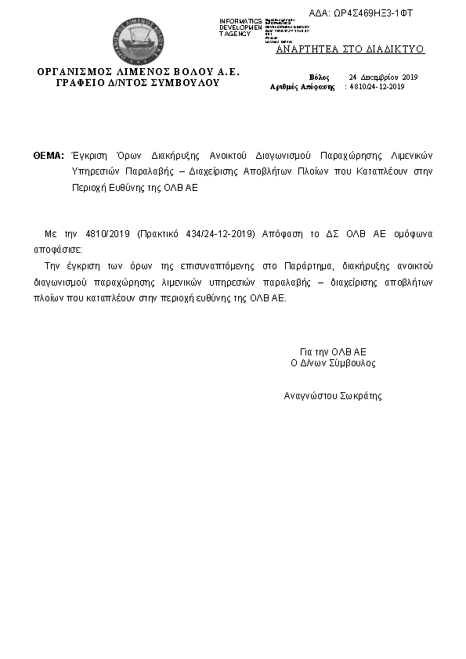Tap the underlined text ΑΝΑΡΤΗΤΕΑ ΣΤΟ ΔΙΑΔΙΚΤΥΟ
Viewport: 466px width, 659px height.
coord(350,49)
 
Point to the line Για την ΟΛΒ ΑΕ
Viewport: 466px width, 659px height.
coord(333,351)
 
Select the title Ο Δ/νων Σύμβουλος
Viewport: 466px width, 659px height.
coord(333,363)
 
